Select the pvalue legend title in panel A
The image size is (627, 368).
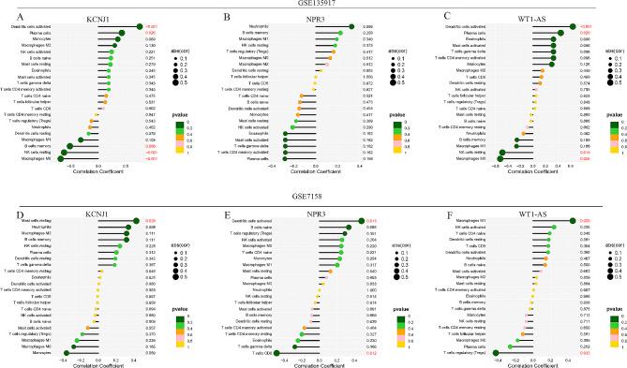[x=185, y=109]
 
